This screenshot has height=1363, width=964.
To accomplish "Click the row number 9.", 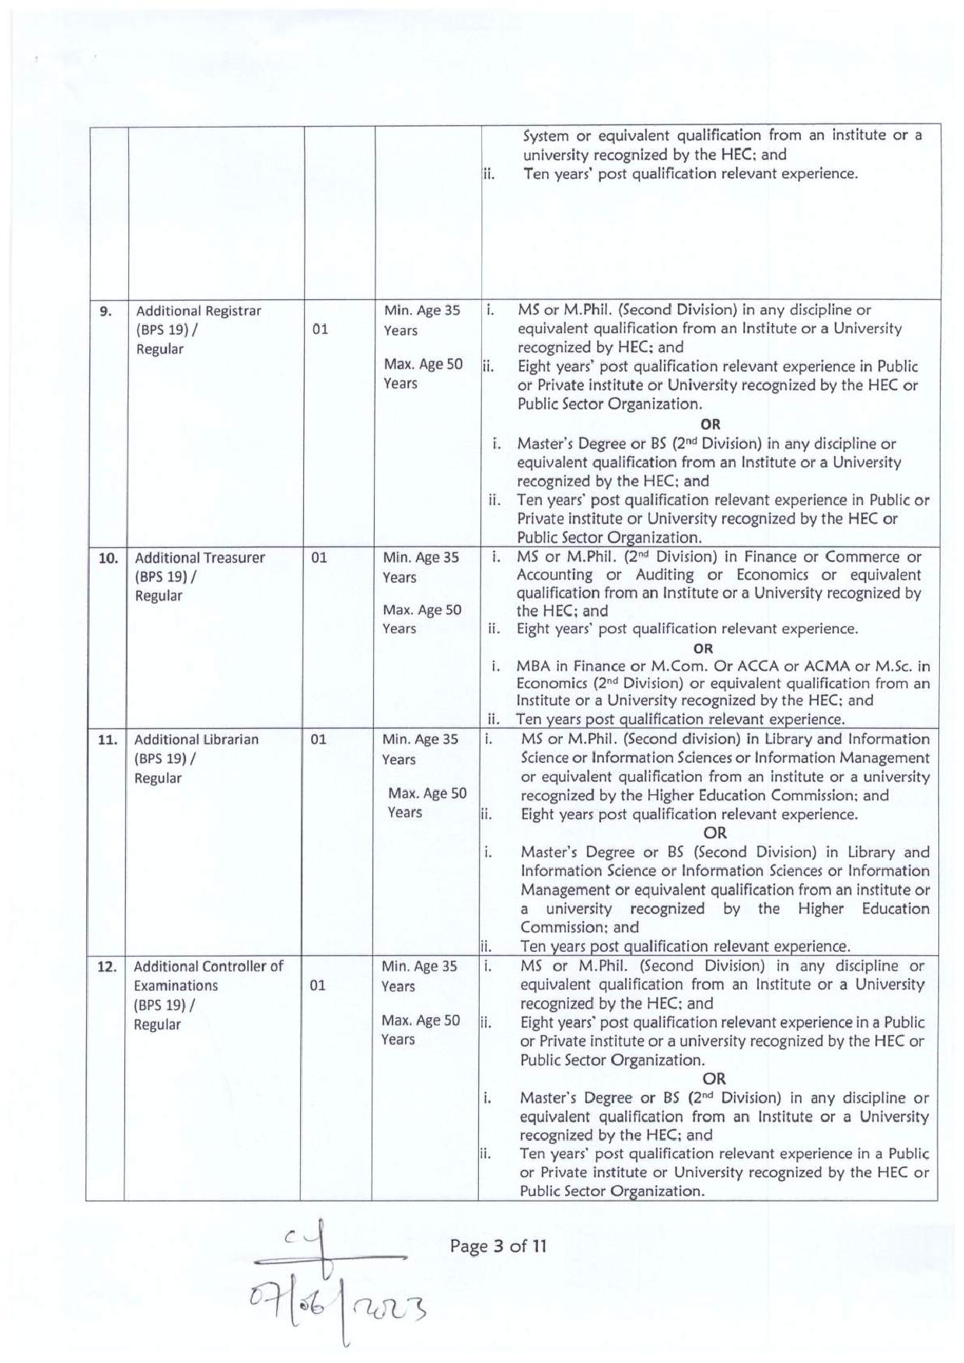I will (x=106, y=312).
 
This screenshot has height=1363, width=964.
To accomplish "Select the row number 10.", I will (x=107, y=558).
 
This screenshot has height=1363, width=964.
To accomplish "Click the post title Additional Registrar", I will (x=198, y=311).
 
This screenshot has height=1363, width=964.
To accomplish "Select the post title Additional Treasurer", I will (x=200, y=558).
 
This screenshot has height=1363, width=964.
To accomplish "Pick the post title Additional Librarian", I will (x=196, y=740).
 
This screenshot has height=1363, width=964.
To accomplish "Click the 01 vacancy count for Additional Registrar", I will (x=320, y=329).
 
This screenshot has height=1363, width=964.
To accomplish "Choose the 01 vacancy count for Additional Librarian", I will (x=319, y=740).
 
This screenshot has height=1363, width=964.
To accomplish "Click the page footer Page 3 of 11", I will (x=498, y=1246).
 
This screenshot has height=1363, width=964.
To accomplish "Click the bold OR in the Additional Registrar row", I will (x=711, y=424).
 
